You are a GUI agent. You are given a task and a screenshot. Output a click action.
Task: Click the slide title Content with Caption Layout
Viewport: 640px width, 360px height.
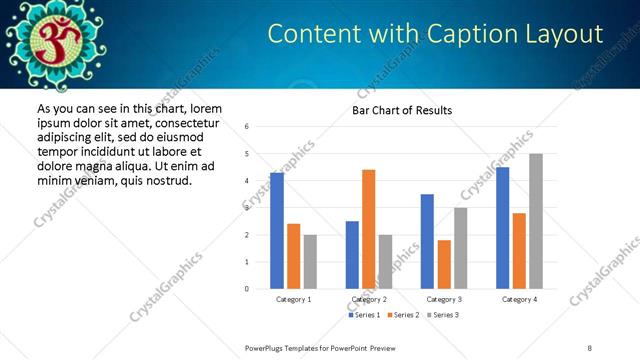coord(435,34)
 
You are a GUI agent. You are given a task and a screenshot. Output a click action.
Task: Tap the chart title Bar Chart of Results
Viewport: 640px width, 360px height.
coord(402,110)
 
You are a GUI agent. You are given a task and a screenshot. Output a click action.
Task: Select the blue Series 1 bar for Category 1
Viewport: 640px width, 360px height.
coord(277,230)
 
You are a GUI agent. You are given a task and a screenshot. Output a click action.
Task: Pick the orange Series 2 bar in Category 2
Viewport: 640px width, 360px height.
coord(368,229)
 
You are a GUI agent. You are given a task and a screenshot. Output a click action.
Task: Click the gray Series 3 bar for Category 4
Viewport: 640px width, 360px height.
coord(536,221)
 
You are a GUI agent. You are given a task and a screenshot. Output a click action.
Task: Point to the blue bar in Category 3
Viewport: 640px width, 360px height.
coord(427,241)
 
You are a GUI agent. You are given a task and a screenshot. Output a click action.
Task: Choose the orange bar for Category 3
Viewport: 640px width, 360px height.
coord(444,264)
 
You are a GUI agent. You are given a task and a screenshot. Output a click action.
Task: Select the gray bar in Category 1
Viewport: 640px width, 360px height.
coord(310,261)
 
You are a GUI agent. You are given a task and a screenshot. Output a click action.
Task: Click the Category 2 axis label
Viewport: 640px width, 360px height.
coord(369,299)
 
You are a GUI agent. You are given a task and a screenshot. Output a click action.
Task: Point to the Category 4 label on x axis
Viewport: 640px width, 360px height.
coord(519,299)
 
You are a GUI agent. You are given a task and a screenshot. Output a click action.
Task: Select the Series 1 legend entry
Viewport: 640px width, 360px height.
coord(364,315)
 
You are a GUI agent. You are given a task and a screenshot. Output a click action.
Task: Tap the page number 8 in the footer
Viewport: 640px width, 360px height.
coord(589,347)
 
